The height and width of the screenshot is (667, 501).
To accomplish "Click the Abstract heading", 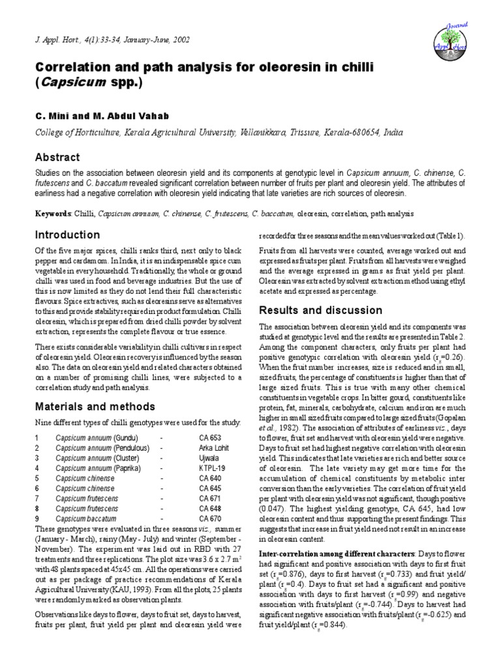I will pos(58,158).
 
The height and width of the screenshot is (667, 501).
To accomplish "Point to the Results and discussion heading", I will pos(321,309).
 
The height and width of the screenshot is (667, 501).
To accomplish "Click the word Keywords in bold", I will pos(53,214).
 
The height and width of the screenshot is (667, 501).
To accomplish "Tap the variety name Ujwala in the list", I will pos(209,459).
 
